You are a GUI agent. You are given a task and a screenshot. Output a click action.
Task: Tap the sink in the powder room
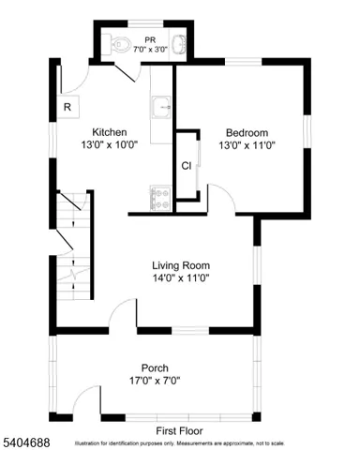pos(178,42)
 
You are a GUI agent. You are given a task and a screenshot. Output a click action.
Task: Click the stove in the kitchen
pos(160,198)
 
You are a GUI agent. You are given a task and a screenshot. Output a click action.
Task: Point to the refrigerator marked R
pos(67,108)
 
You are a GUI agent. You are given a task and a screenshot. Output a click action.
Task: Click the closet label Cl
pos(187,166)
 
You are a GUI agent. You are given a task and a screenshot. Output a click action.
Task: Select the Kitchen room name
pos(109,132)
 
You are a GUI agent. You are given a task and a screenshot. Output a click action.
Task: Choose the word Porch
pos(155,367)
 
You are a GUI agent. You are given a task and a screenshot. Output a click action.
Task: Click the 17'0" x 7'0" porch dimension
pos(154,381)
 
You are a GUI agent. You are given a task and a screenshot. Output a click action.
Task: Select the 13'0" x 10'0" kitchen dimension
pos(109,145)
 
